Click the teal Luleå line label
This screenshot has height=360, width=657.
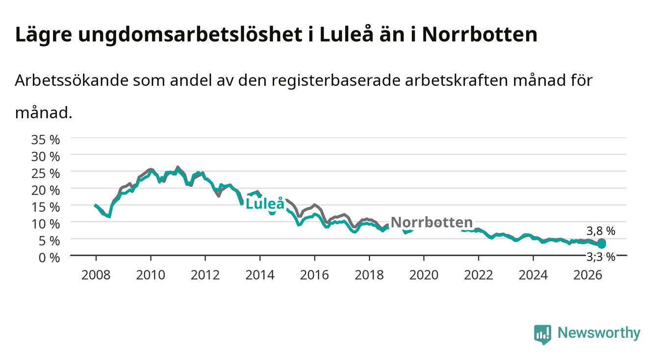(265, 204)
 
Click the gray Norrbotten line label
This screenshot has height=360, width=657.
(432, 222)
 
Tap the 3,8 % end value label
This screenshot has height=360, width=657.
(601, 231)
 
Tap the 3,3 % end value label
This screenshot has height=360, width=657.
(601, 257)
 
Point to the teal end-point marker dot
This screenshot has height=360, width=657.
(602, 244)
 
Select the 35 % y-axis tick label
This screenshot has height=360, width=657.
(46, 140)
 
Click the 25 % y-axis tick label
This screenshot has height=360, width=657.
(46, 174)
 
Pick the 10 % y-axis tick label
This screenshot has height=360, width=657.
(46, 225)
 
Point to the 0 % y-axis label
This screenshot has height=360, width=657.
(49, 258)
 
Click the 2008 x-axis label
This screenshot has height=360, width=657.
(96, 275)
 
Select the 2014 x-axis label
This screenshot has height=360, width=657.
(260, 275)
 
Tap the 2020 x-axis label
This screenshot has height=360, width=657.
(424, 275)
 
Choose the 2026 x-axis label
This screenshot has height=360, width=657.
(588, 275)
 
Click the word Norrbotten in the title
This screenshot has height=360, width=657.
(480, 35)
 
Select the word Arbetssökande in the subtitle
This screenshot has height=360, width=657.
(72, 80)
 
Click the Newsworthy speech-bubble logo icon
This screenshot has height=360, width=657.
(543, 334)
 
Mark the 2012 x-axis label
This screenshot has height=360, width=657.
(205, 275)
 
